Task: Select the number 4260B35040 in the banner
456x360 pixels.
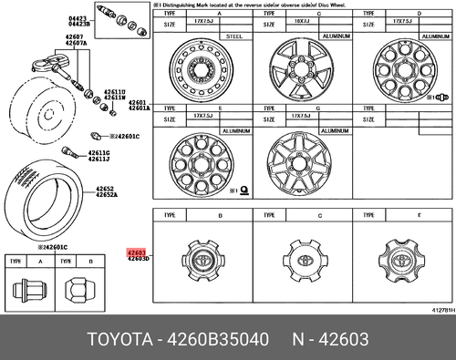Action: tap(219, 341)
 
